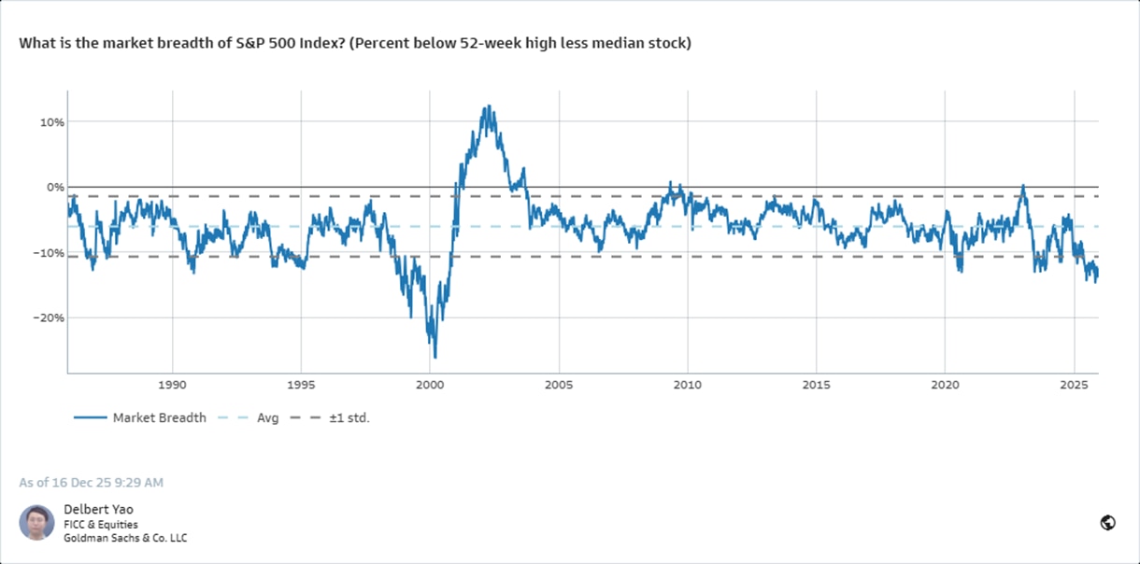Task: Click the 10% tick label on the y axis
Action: [50, 122]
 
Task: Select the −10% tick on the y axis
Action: [48, 253]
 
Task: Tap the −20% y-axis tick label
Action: [48, 317]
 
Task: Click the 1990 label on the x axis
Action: [172, 385]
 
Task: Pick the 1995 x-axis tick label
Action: [301, 385]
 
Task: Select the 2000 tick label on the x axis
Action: [430, 385]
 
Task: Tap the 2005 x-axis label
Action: [559, 385]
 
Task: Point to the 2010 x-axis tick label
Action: [688, 385]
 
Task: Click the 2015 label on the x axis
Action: [817, 385]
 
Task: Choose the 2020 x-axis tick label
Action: [946, 385]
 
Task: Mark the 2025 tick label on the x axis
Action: [1075, 385]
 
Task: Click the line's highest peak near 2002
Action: [488, 106]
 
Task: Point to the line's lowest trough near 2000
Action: [435, 357]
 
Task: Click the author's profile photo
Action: [36, 523]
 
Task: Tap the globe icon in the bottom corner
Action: [1108, 523]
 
